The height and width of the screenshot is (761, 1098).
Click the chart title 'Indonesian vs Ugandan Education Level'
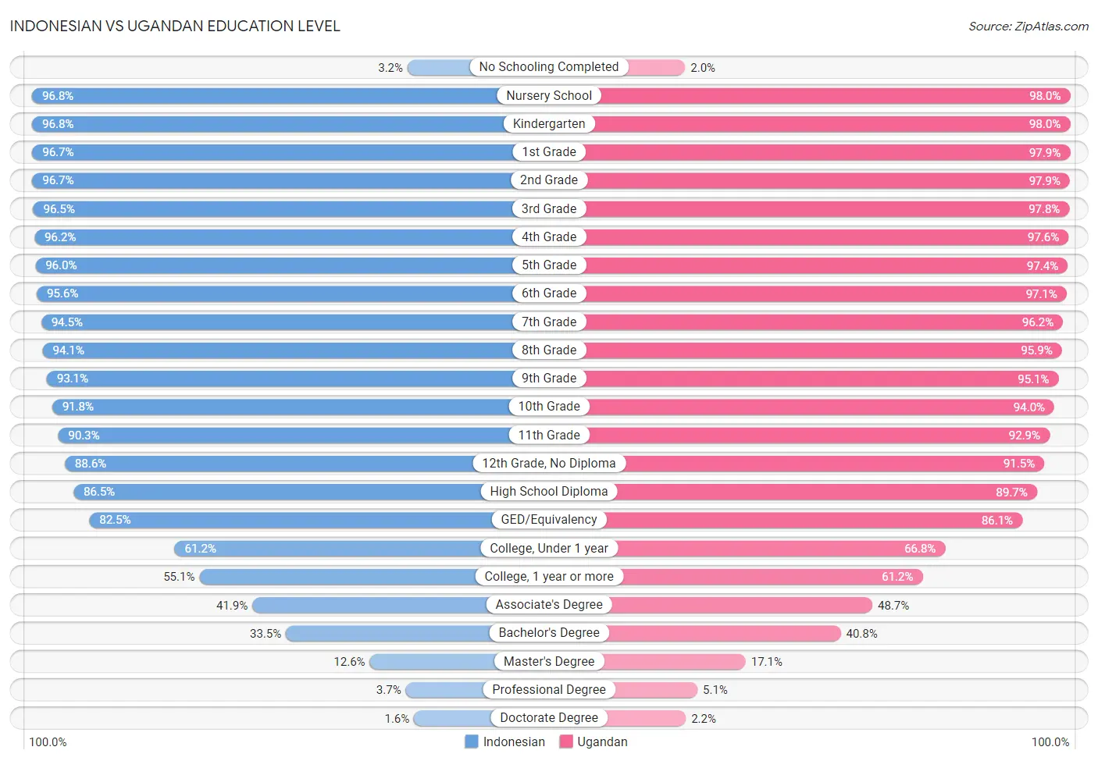[x=175, y=26]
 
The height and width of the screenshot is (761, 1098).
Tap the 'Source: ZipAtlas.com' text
[x=1028, y=27]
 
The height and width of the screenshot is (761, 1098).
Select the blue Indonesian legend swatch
[x=471, y=741]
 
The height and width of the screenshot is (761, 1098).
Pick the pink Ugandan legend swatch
[x=566, y=741]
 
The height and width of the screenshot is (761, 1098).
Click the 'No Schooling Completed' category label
[x=548, y=67]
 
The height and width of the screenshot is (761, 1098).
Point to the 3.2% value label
[x=390, y=68]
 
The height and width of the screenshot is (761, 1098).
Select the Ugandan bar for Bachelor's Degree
[x=723, y=633]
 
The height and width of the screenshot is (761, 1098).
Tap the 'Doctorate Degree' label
[x=548, y=718]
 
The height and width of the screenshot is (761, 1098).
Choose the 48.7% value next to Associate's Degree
[x=893, y=606]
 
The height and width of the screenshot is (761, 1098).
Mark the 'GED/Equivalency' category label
[x=548, y=520]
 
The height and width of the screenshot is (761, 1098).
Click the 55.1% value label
[x=179, y=577]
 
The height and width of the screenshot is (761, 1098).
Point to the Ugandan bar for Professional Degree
[x=656, y=690]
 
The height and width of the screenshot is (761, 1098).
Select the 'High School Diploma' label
[x=548, y=492]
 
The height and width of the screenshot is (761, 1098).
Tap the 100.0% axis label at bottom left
[x=48, y=741]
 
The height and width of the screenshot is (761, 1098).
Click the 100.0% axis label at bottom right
[x=1050, y=741]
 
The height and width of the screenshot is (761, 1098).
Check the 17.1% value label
[x=767, y=662]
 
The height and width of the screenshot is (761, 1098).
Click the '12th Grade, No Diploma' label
[x=548, y=464]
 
